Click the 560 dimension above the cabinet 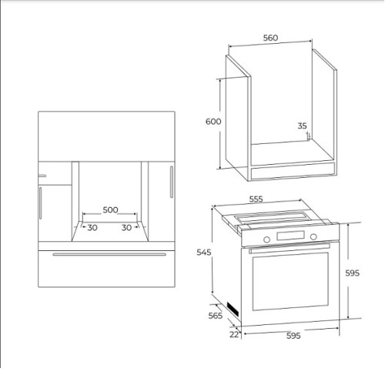click(270, 38)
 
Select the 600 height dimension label click(213, 122)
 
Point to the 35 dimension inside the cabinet click(302, 126)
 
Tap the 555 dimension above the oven click(256, 199)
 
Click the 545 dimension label click(204, 253)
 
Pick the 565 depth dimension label click(216, 316)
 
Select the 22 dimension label click(234, 334)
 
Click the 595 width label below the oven click(293, 336)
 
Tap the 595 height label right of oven click(352, 273)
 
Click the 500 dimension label click(110, 210)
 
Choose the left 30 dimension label click(92, 228)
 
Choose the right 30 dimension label click(126, 228)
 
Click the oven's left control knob click(267, 239)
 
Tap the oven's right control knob click(313, 236)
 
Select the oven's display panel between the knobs click(290, 236)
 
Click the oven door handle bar click(290, 248)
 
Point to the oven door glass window click(290, 282)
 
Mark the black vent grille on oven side click(233, 310)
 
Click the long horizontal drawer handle click(109, 254)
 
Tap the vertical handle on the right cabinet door click(172, 182)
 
